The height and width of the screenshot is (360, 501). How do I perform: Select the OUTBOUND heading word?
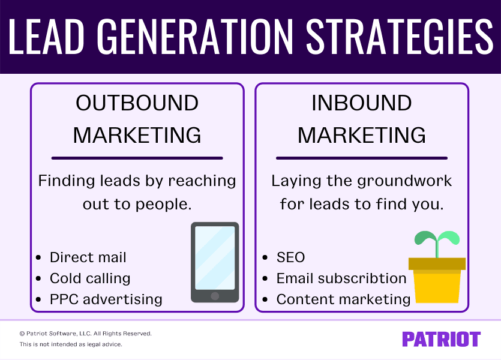coord(137,103)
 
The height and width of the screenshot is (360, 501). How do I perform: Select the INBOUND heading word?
coord(361,103)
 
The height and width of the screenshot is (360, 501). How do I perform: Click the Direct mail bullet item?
coord(88,258)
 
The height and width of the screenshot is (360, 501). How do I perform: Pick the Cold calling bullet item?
coord(90,278)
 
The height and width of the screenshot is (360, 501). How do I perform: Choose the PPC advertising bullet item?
coord(106,299)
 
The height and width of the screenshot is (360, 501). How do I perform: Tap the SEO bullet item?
coord(291,258)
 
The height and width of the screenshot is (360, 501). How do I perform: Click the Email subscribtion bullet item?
coord(341,278)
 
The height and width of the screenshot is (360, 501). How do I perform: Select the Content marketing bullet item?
coord(343,299)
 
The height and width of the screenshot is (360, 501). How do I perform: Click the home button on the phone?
coord(215,296)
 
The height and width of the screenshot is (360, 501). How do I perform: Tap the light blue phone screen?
coord(215,258)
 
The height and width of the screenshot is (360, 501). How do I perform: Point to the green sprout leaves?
coord(437,239)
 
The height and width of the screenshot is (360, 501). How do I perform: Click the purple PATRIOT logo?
coord(441,339)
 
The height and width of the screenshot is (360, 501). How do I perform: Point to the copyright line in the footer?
coord(85,333)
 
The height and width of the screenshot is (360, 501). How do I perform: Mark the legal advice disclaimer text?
coord(71,344)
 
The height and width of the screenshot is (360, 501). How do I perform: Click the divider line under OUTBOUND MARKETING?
coord(137,158)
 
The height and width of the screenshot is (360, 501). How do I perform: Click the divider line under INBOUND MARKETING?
coord(361,158)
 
